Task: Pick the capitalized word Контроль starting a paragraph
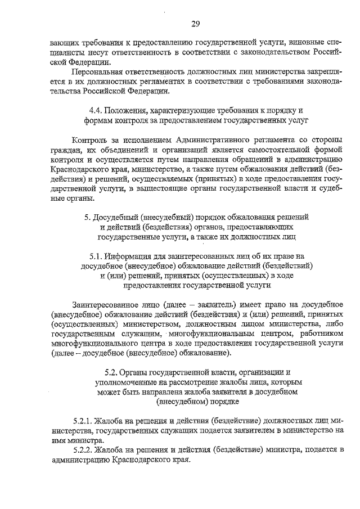[x=91, y=139]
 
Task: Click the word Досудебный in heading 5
[x=116, y=216]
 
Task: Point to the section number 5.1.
[x=96, y=255]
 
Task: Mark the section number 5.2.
[x=112, y=372]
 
